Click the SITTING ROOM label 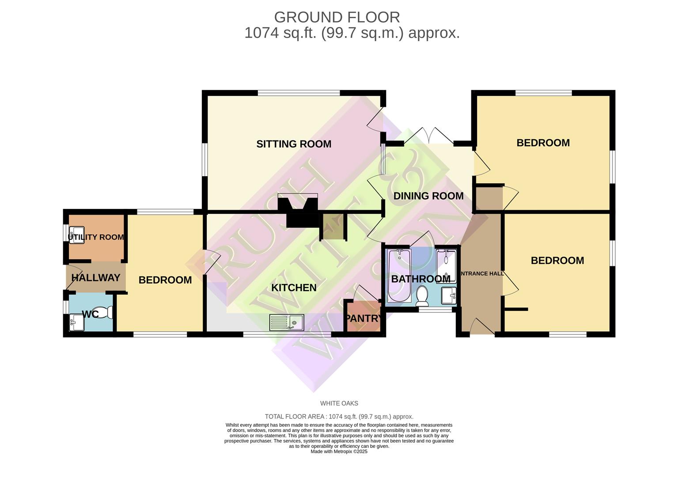click(x=294, y=144)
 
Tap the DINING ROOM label click(x=428, y=196)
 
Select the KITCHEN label click(x=294, y=288)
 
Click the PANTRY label click(x=364, y=318)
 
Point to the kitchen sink click(x=287, y=322)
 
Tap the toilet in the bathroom click(x=422, y=296)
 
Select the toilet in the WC click(x=105, y=313)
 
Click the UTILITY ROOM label click(x=96, y=237)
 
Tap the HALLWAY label click(x=96, y=278)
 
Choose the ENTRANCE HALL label click(x=482, y=274)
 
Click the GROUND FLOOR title click(x=337, y=17)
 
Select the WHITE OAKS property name click(x=339, y=403)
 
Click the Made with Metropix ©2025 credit click(x=339, y=451)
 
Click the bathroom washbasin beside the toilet click(x=448, y=295)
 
